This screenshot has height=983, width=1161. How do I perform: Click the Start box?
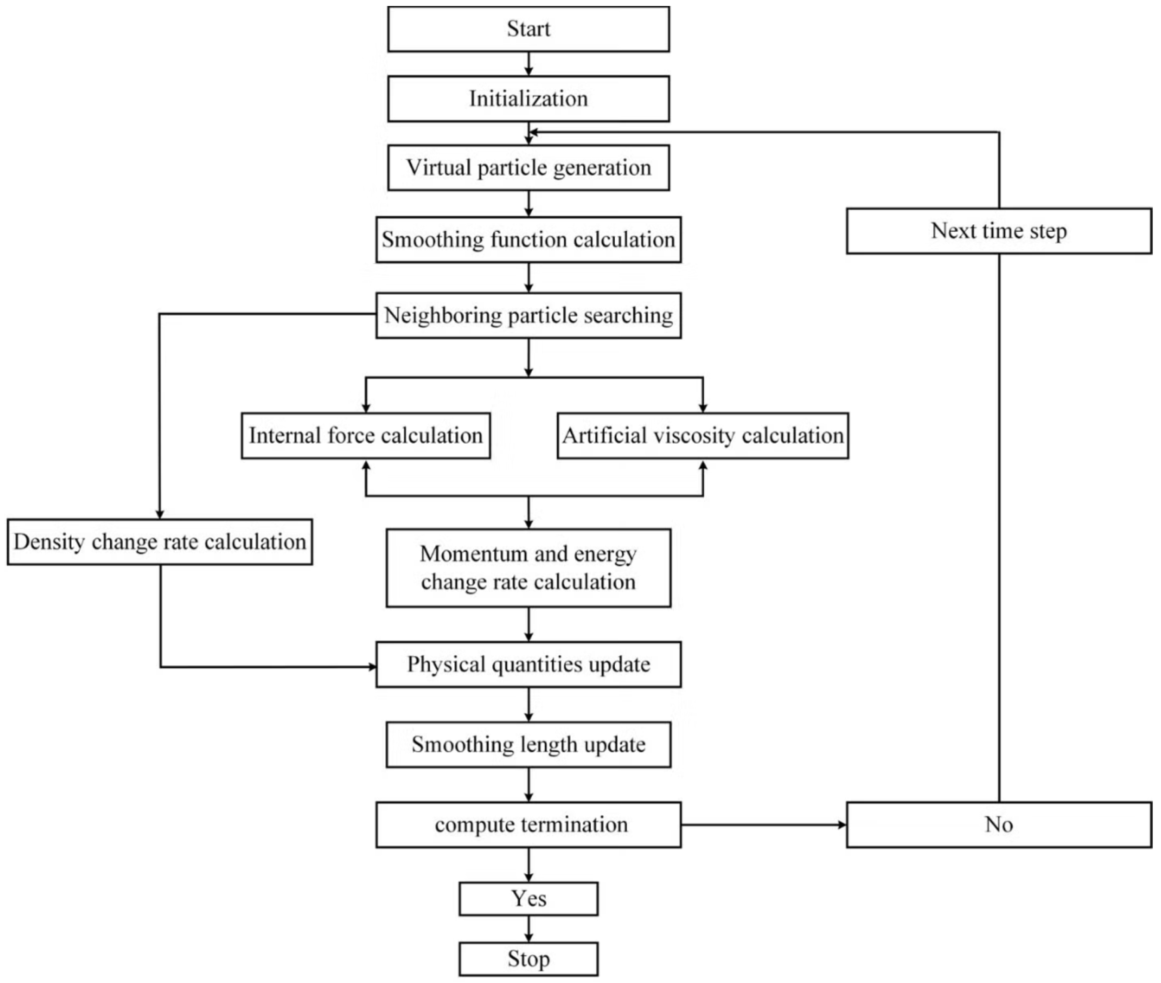coord(528,29)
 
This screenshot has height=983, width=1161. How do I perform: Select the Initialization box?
coord(528,99)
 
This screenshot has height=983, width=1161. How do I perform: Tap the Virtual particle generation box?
coord(528,168)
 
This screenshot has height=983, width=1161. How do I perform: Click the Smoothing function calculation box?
coord(528,240)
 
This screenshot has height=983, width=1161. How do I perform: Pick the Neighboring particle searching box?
coord(528,315)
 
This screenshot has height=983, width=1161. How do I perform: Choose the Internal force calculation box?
coord(366,436)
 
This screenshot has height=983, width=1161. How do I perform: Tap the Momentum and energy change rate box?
coord(528,568)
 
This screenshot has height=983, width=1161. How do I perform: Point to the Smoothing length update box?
coord(528,745)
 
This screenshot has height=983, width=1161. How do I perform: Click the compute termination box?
coord(528,825)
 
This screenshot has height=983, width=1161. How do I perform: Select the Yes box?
coord(528,899)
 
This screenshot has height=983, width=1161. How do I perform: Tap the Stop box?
coord(528,959)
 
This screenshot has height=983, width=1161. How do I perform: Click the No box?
coord(998,825)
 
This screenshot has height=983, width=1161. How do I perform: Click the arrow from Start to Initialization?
coord(528,64)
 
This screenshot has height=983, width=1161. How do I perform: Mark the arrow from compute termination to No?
coord(764,825)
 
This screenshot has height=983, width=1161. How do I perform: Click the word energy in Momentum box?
coord(604,554)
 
